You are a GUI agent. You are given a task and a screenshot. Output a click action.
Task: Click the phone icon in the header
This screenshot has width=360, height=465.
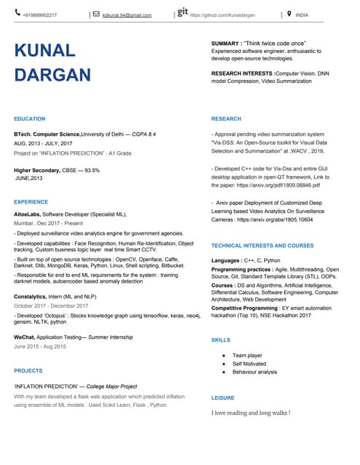[x=18, y=13]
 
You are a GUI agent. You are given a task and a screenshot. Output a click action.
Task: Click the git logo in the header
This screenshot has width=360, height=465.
[x=183, y=12]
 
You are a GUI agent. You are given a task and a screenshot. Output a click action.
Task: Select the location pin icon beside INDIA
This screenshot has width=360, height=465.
[x=289, y=13]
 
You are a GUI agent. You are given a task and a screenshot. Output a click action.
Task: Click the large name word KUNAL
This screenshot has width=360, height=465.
[x=45, y=50]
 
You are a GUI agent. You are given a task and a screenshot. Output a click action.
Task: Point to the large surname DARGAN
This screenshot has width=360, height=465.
[x=53, y=75]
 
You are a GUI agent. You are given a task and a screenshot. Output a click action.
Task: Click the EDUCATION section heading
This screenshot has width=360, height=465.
[x=30, y=118]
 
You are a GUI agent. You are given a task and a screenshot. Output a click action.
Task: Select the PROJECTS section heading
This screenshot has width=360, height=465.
[x=28, y=371]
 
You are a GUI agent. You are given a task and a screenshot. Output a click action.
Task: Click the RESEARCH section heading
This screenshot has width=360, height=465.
[x=226, y=118]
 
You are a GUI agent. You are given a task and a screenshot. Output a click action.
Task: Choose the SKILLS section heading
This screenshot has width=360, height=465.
[x=220, y=340]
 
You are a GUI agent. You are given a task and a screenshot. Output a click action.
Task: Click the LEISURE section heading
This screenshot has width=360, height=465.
[x=223, y=398]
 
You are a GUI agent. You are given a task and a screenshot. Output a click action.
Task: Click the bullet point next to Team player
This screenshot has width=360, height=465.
[x=223, y=355]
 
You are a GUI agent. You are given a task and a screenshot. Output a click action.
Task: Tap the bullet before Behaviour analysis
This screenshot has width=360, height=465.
[x=223, y=372]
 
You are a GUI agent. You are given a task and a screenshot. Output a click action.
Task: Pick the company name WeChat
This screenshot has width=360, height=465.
[x=25, y=338]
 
